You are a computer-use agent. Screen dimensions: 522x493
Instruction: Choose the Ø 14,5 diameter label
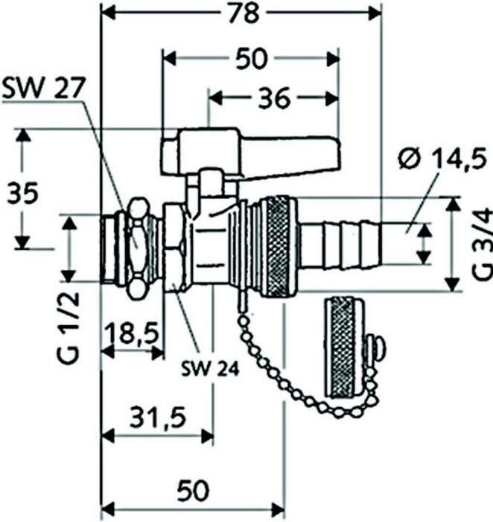tap(442, 160)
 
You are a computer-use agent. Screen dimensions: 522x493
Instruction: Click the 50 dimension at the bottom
tap(192, 488)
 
